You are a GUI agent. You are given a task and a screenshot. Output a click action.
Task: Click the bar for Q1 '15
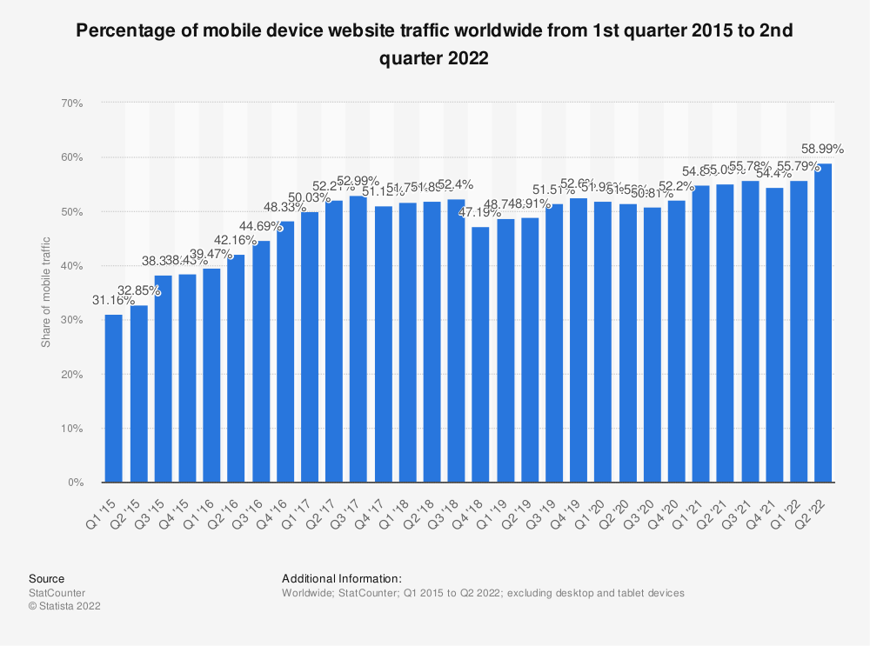(x=114, y=398)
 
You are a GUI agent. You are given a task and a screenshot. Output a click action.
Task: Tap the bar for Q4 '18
(x=479, y=355)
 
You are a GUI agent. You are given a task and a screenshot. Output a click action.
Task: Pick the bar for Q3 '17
(x=358, y=339)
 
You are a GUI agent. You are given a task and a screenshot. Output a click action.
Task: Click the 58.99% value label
(x=820, y=149)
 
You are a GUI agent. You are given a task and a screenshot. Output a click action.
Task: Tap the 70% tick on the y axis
(x=71, y=103)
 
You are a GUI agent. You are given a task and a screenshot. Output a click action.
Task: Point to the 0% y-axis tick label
(x=75, y=483)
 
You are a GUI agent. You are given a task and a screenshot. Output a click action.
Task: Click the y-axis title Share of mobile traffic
(x=46, y=292)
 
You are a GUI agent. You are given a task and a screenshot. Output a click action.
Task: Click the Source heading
(x=46, y=578)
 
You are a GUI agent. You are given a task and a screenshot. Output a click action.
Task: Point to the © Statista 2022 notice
(x=64, y=607)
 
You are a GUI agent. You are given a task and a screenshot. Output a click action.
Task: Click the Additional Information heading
(x=341, y=578)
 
